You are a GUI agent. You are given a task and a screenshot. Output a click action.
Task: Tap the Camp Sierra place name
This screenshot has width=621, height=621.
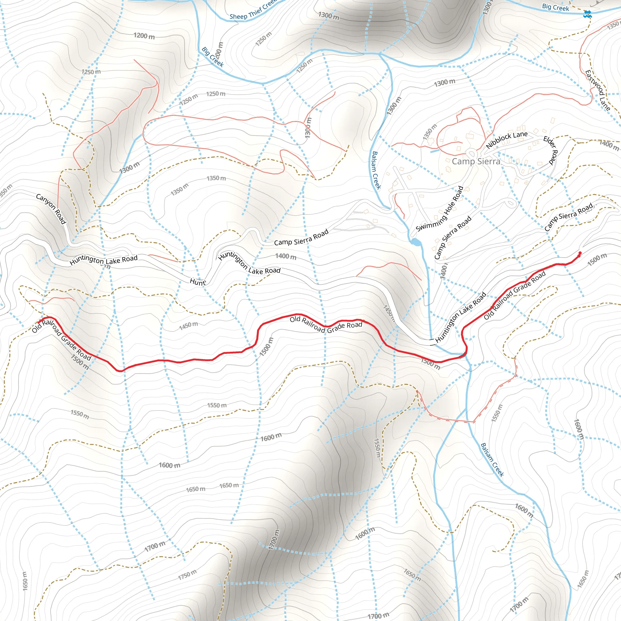476,161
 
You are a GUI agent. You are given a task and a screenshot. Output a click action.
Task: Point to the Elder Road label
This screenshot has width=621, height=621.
550,150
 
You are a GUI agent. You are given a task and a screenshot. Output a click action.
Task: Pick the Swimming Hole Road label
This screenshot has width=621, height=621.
440,209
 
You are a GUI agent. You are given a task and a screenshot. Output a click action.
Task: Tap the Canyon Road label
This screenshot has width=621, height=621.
51,209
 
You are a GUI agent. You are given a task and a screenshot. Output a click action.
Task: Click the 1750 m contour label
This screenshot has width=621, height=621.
187,575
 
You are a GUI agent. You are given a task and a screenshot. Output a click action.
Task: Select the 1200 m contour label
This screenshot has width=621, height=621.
144,36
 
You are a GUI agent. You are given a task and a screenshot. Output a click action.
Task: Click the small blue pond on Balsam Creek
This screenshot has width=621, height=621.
415,242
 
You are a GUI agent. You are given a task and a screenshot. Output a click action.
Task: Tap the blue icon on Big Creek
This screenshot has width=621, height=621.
588,14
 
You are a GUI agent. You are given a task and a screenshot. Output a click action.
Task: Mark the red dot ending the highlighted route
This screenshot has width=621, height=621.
580,253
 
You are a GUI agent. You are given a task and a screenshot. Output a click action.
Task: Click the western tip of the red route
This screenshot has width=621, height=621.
38,322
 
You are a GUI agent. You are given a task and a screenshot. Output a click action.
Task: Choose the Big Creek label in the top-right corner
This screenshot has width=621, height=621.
556,7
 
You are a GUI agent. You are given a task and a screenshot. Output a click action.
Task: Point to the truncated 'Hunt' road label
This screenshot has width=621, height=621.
197,282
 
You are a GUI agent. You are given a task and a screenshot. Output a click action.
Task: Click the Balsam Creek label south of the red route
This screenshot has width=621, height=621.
492,460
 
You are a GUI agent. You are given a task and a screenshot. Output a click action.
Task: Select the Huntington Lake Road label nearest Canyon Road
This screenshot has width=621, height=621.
103,260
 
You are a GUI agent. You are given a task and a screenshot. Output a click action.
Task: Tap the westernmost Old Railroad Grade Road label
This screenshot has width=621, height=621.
61,339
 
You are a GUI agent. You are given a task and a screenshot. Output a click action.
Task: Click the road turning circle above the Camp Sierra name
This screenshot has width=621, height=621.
471,153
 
